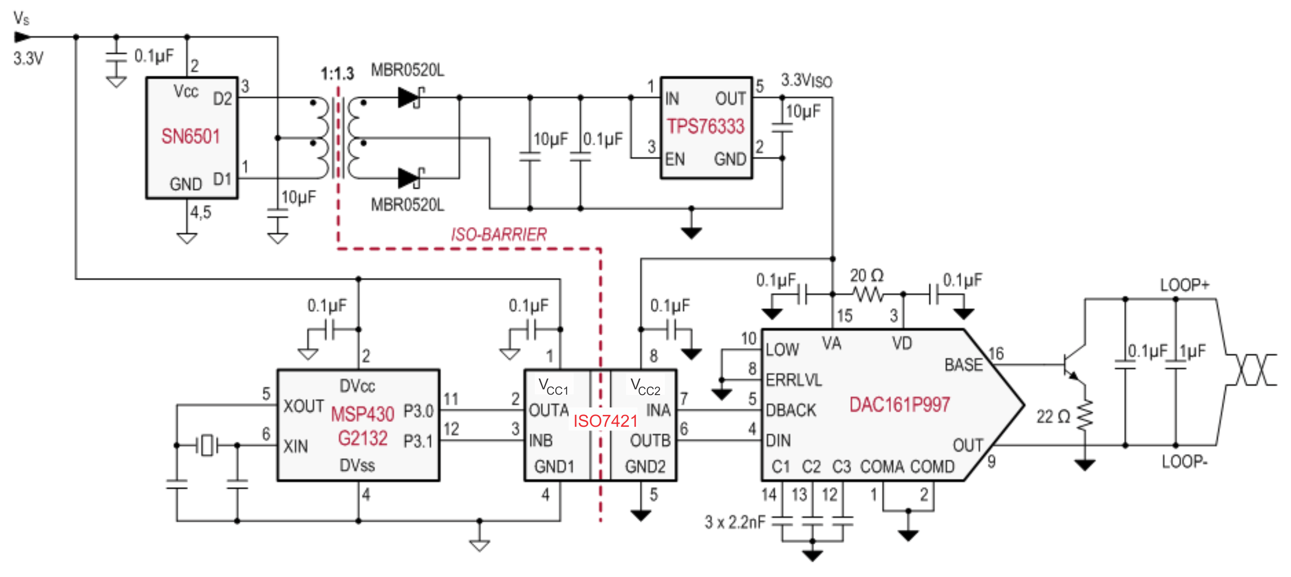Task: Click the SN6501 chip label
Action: [191, 137]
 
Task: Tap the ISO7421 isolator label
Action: [605, 421]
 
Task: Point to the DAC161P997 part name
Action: [899, 404]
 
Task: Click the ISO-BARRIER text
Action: [499, 235]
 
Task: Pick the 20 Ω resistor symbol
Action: [868, 294]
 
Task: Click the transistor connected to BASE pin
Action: [1073, 366]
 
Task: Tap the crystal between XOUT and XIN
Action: [207, 445]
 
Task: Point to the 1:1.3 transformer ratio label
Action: [337, 74]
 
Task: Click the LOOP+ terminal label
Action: [1185, 285]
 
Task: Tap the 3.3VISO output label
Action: [806, 80]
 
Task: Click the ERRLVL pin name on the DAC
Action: [794, 380]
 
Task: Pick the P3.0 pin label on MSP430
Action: [418, 411]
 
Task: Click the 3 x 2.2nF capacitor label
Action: [735, 522]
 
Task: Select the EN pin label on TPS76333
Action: [675, 159]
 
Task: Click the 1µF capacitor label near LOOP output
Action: [1193, 351]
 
